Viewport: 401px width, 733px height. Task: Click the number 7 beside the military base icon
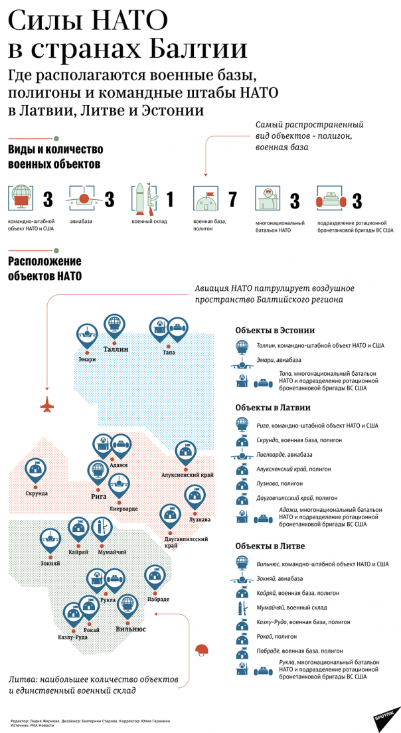click(232, 199)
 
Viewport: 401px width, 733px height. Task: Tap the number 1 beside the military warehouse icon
click(170, 199)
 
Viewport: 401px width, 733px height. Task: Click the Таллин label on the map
click(116, 349)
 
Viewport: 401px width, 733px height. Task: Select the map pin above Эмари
click(86, 334)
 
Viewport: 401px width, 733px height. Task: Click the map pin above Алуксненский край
click(185, 453)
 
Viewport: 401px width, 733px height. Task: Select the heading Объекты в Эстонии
click(275, 330)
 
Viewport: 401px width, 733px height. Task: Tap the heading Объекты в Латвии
click(273, 408)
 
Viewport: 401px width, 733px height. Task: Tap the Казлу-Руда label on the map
click(73, 637)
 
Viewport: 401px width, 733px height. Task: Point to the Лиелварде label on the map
click(123, 509)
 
